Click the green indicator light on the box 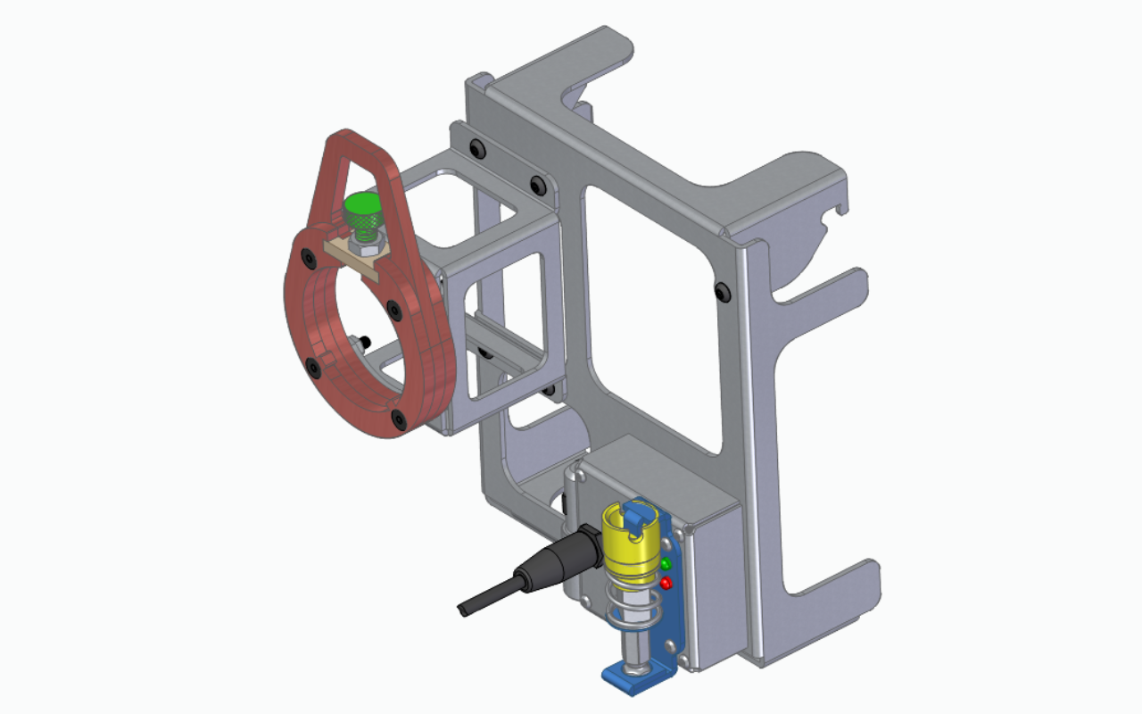click(666, 564)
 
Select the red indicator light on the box click(666, 584)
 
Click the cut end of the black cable click(462, 610)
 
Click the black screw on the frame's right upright click(721, 290)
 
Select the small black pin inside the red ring click(365, 340)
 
